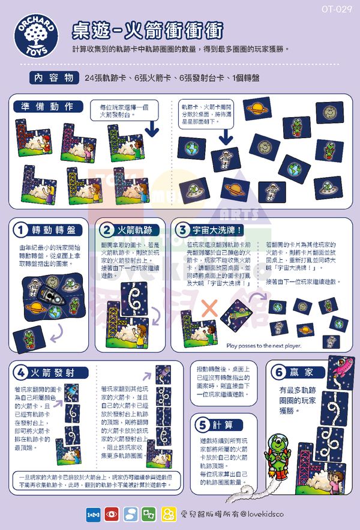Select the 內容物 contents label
(x=54, y=78)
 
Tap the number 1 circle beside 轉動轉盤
(x=21, y=230)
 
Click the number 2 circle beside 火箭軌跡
(x=106, y=230)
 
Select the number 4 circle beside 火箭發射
(x=21, y=372)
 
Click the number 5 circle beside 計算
(x=202, y=424)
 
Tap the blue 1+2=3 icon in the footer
(x=94, y=514)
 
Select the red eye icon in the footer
(x=112, y=514)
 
